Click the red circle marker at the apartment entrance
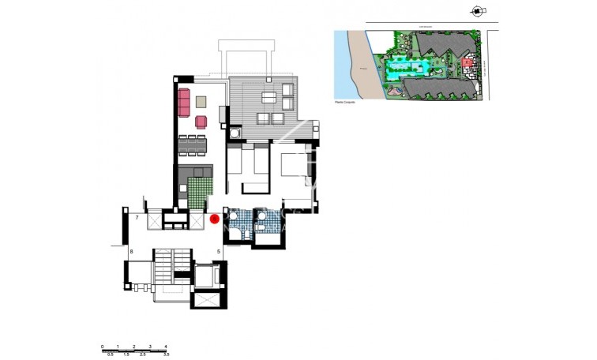(x=215, y=219)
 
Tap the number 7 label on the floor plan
(x=137, y=217)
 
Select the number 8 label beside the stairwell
(x=132, y=252)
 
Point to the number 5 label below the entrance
(x=218, y=252)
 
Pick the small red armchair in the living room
(x=201, y=122)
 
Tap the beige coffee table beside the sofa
(x=201, y=101)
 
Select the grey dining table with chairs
(x=193, y=145)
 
